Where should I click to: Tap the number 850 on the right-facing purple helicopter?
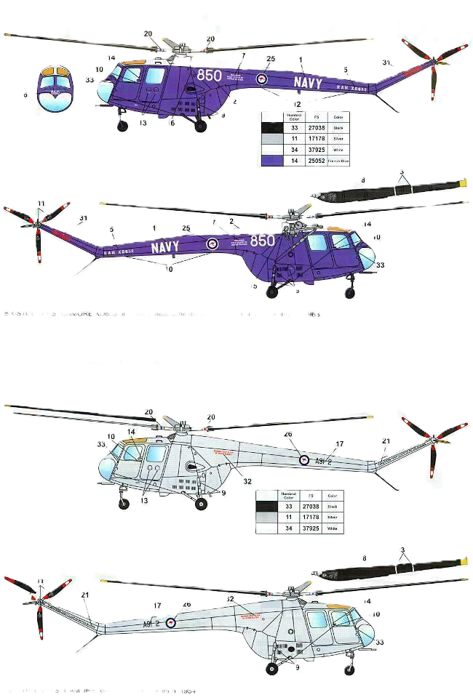click(x=262, y=241)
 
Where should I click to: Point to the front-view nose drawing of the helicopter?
click(x=56, y=89)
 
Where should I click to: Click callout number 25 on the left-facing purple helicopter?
click(x=271, y=59)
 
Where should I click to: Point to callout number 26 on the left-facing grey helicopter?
click(x=287, y=434)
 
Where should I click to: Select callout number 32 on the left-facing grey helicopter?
click(x=248, y=480)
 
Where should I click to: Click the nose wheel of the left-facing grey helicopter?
click(x=124, y=502)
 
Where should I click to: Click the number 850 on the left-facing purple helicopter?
click(x=210, y=75)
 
